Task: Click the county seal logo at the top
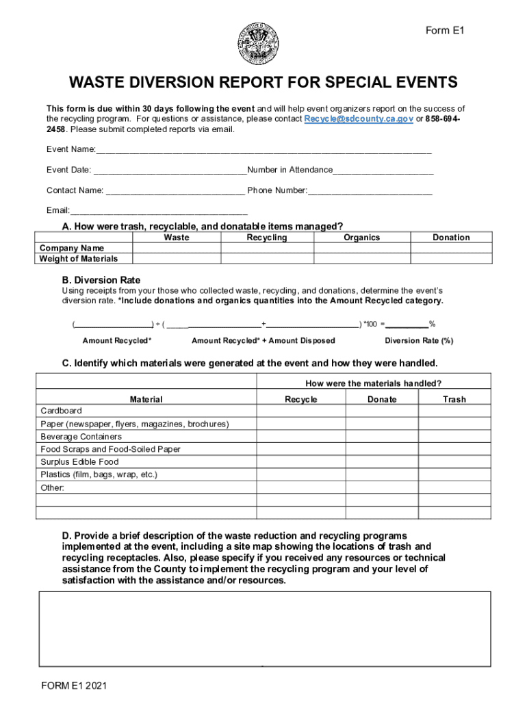tap(258, 44)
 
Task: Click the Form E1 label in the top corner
tap(445, 31)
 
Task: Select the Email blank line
tap(159, 211)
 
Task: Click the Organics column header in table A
tap(361, 238)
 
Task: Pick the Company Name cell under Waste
tap(177, 248)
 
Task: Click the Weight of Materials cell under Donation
tap(451, 259)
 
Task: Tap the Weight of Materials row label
tap(79, 259)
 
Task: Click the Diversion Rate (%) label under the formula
tap(419, 341)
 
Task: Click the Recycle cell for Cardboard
tap(300, 412)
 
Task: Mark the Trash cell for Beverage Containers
tap(454, 437)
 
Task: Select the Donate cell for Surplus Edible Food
tap(381, 462)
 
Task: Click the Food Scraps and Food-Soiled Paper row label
tap(110, 450)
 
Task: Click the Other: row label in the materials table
tap(53, 488)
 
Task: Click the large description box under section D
tap(265, 628)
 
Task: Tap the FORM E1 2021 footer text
tap(73, 685)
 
